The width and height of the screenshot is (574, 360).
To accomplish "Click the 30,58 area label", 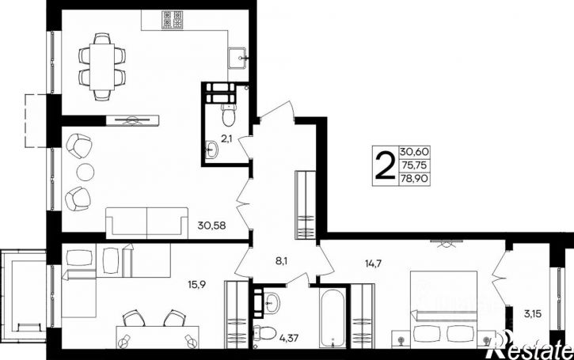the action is [x=211, y=225].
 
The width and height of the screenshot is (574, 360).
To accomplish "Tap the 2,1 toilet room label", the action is [x=226, y=138].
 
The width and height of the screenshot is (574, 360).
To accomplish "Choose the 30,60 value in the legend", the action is [x=414, y=151].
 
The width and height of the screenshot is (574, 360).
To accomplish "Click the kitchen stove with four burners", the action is [x=172, y=20].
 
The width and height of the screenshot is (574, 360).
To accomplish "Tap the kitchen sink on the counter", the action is [x=238, y=59].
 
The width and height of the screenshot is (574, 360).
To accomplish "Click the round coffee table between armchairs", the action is [x=86, y=172].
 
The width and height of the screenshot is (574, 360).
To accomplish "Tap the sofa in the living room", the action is [x=146, y=223].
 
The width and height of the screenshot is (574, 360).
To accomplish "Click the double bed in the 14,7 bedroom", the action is [x=443, y=309].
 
